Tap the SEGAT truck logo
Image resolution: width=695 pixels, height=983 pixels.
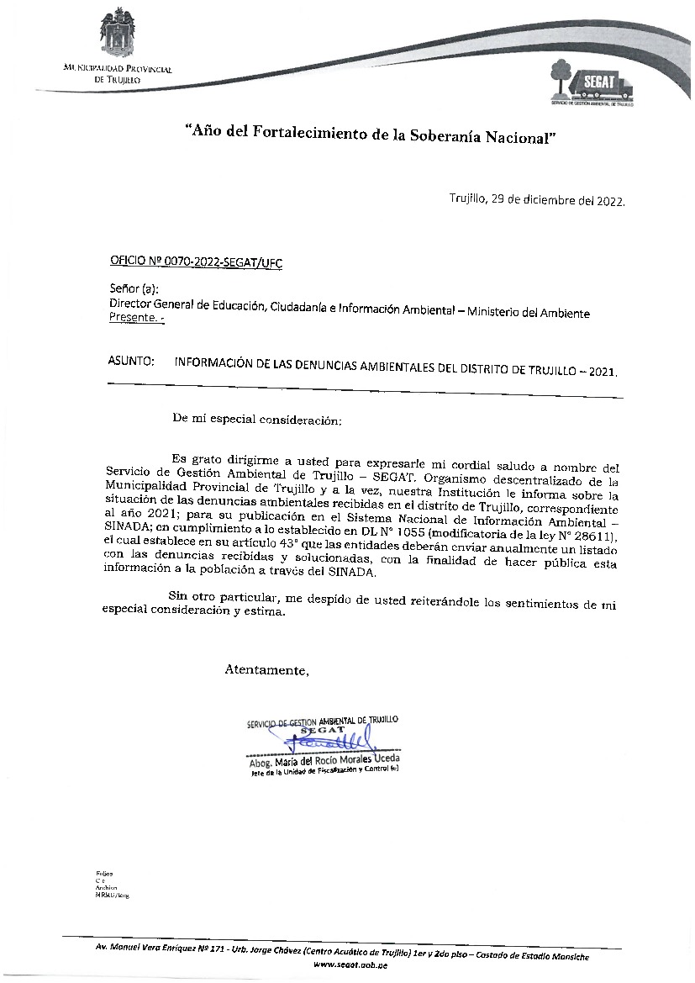pyautogui.click(x=591, y=82)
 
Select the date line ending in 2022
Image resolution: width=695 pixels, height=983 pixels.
pyautogui.click(x=538, y=202)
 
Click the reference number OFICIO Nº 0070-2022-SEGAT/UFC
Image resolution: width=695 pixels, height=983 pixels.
pyautogui.click(x=196, y=263)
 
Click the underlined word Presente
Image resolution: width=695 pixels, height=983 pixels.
pyautogui.click(x=133, y=318)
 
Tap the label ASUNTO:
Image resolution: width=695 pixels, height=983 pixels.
pyautogui.click(x=131, y=362)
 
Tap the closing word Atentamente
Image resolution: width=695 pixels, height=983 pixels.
pyautogui.click(x=266, y=670)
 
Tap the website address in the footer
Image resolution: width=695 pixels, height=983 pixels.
pyautogui.click(x=350, y=967)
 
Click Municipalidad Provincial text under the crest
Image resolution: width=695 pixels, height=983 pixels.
pyautogui.click(x=118, y=69)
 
